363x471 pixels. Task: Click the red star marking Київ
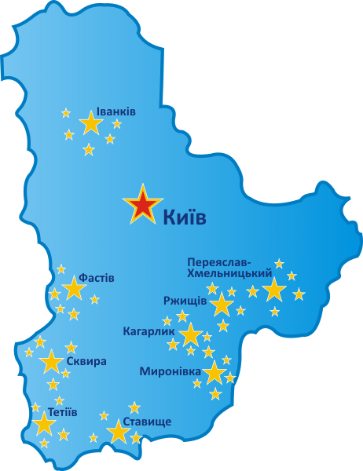[x=143, y=206]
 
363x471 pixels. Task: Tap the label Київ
[x=185, y=217]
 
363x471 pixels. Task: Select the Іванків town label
[x=115, y=111]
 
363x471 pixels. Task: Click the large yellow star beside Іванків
[x=91, y=123]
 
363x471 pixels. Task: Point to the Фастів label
[x=97, y=278]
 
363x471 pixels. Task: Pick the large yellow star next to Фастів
[x=74, y=289]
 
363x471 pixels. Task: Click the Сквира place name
[x=86, y=362]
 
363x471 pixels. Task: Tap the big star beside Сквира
[x=52, y=362]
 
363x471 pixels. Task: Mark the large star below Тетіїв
[x=44, y=425]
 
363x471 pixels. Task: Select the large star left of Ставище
[x=119, y=431]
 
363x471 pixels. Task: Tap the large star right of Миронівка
[x=214, y=373]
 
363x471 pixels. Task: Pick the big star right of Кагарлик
[x=191, y=336]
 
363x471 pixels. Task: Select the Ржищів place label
[x=185, y=301]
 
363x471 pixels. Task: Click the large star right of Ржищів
[x=222, y=305]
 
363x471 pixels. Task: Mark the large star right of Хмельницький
[x=273, y=290]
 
